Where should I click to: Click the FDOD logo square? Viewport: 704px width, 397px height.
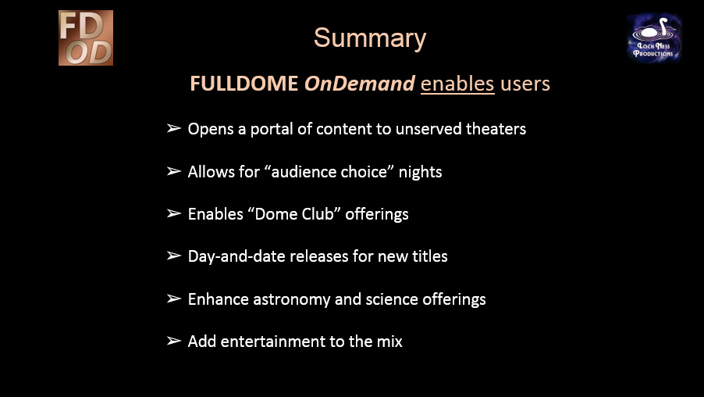tap(86, 38)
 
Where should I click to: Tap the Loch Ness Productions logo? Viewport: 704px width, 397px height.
tap(654, 38)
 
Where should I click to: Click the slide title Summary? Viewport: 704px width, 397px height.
tap(369, 38)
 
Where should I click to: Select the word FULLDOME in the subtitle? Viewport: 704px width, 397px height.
tap(244, 84)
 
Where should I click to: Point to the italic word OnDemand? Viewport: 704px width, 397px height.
tap(360, 84)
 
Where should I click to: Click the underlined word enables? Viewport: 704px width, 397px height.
tap(457, 84)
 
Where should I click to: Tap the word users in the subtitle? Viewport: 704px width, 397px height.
tap(525, 84)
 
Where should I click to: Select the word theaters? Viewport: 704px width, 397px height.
tap(496, 129)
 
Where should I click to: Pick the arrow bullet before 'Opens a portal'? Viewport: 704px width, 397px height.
tap(174, 129)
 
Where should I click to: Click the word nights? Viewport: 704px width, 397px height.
tap(420, 172)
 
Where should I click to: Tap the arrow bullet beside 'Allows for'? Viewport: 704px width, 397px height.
tap(174, 171)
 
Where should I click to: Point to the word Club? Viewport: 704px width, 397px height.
tap(318, 214)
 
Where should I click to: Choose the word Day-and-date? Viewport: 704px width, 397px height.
tap(236, 257)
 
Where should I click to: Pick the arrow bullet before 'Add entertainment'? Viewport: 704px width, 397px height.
tap(174, 341)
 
